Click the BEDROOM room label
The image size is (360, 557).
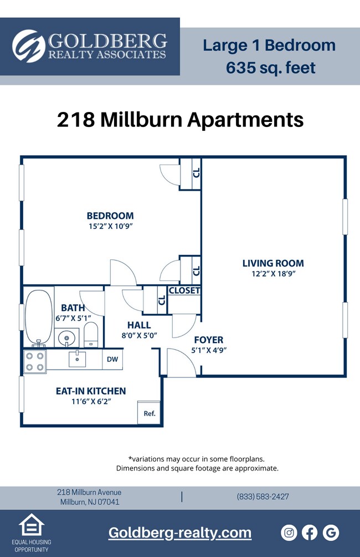110,216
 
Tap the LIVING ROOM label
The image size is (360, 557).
273,263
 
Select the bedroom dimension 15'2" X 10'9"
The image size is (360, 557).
110,226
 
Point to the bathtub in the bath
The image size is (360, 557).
38,318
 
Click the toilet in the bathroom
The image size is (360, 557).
91,335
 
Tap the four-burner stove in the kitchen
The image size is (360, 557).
35,361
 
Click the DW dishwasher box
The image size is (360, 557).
112,359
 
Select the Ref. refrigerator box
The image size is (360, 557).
149,413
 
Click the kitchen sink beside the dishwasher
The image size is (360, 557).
77,359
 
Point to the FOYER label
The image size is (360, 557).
208,340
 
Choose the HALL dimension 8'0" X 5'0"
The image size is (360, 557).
139,335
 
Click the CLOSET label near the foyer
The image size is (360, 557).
184,290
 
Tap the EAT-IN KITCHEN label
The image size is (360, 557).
91,391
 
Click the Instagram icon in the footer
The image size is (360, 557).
289,533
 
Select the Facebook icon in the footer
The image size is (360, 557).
310,533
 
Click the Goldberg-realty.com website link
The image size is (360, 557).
179,533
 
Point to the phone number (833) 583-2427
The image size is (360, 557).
263,497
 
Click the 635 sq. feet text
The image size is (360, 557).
270,68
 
